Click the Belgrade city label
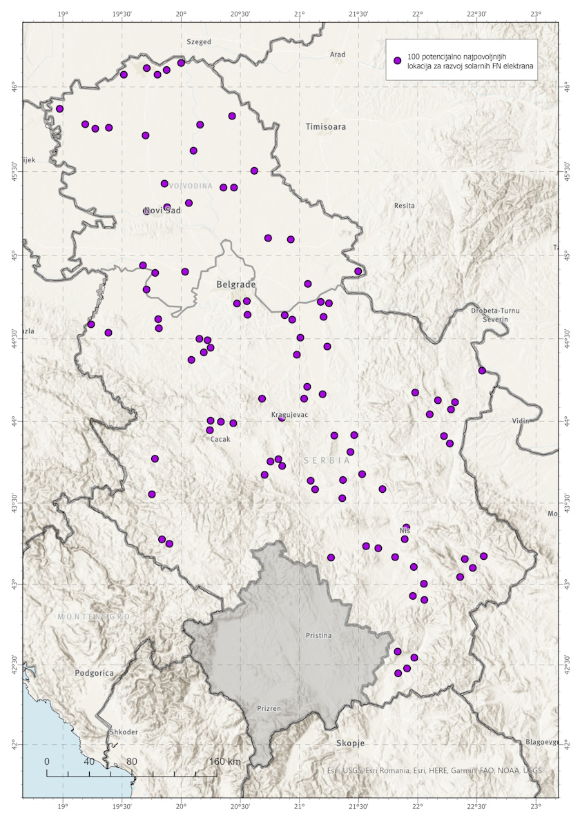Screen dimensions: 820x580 click(236, 284)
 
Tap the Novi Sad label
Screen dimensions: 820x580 click(162, 211)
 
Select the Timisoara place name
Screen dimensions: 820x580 click(326, 127)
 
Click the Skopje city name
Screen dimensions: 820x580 click(350, 743)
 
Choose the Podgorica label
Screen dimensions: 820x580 click(95, 672)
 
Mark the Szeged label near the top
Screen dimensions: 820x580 click(199, 42)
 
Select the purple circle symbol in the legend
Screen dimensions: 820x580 click(397, 61)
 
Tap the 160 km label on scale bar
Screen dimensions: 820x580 click(224, 761)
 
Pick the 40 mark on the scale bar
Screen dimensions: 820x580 click(89, 761)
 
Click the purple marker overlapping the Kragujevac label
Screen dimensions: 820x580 click(282, 418)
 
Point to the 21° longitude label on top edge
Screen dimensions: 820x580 click(299, 13)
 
